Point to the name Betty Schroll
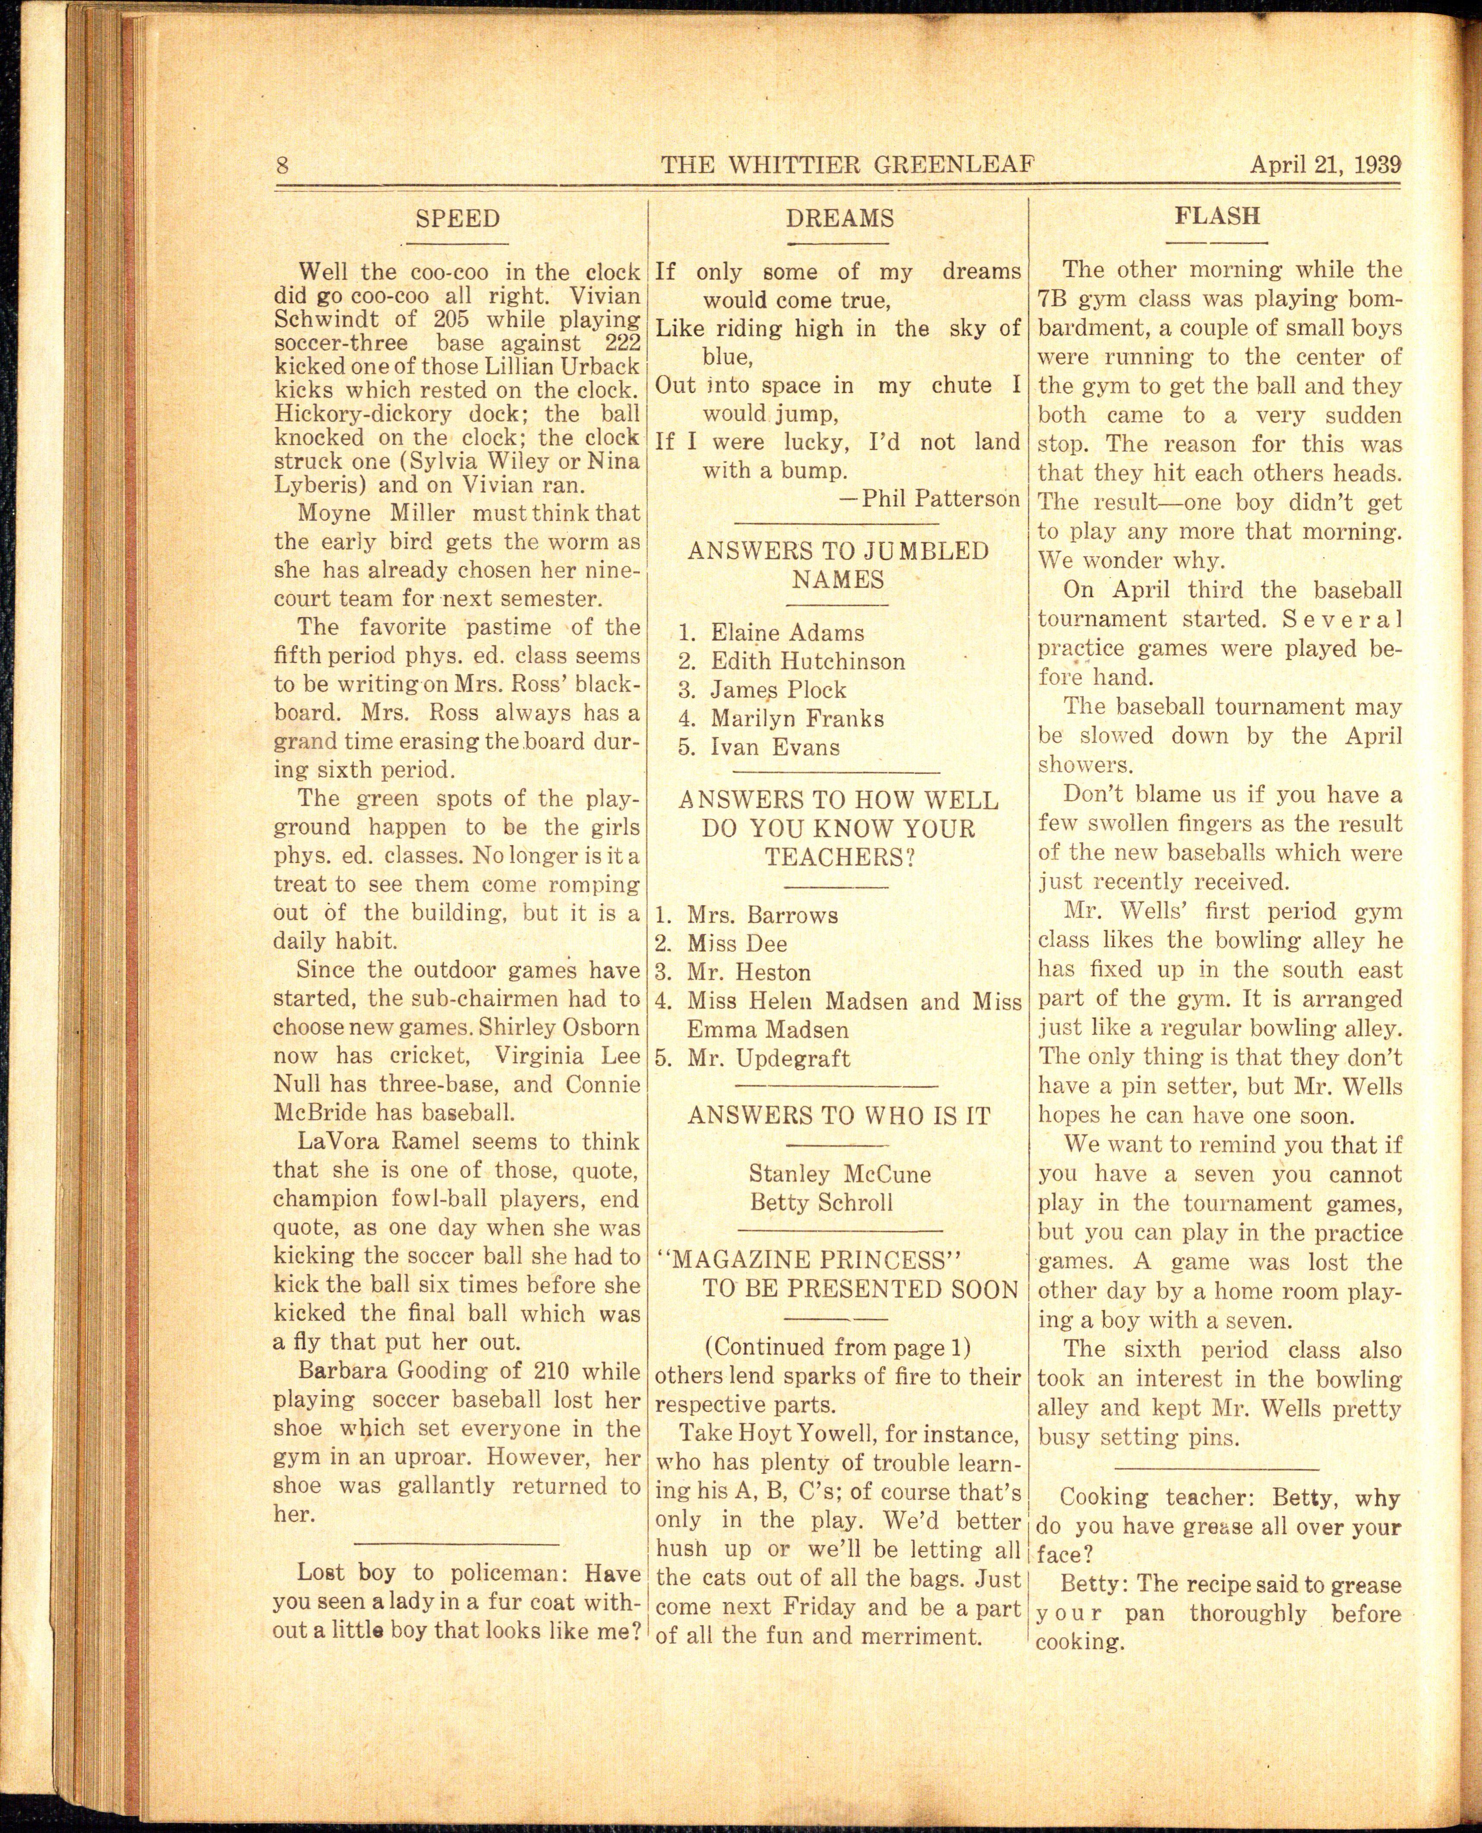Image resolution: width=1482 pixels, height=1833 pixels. click(x=821, y=1202)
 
